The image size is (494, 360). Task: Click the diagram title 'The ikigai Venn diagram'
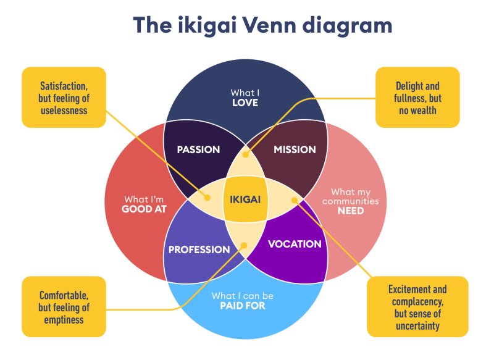[x=262, y=27]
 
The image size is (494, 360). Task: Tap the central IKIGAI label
[x=245, y=199]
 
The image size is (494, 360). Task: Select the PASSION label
[x=198, y=149]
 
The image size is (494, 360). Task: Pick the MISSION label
[x=295, y=149]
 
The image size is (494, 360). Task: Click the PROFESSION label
[x=199, y=249]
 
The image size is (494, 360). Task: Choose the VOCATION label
[x=295, y=244]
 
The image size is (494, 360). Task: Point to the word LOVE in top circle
[x=245, y=103]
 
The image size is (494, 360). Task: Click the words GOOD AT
[x=144, y=210]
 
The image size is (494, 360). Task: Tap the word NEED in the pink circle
[x=350, y=211]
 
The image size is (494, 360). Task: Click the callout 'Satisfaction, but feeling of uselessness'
[x=64, y=98]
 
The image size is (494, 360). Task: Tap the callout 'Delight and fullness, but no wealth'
[x=417, y=98]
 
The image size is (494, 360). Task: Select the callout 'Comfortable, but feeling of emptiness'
[x=64, y=307]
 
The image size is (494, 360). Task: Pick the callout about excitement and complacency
[x=417, y=307]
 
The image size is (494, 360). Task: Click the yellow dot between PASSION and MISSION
[x=246, y=155]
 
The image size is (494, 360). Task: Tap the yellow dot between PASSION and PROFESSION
[x=208, y=198]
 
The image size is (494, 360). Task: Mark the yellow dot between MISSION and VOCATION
[x=294, y=199]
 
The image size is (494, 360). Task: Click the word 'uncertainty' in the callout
[x=417, y=325]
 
